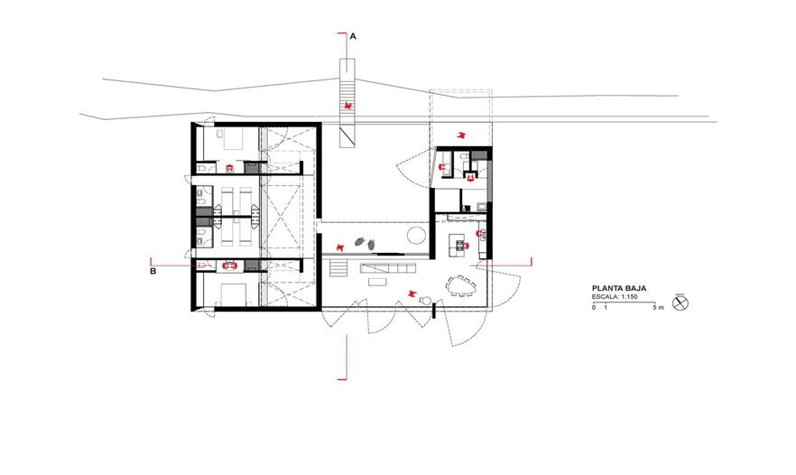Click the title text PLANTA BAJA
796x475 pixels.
click(619, 288)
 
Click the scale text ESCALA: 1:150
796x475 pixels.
click(615, 297)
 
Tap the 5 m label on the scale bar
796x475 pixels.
click(658, 307)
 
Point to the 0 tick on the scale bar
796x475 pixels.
click(594, 307)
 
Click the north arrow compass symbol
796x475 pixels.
click(680, 303)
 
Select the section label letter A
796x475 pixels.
click(354, 37)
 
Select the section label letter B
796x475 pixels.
click(153, 271)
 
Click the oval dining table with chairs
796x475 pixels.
click(462, 286)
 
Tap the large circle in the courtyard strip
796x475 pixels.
click(416, 235)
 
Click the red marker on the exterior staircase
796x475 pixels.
click(348, 106)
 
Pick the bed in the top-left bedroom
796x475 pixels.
click(233, 139)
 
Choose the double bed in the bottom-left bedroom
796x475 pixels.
click(234, 294)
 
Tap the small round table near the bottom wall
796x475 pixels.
click(424, 301)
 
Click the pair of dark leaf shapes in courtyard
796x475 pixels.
click(366, 242)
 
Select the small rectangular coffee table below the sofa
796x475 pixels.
click(377, 282)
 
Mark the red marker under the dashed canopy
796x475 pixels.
click(461, 135)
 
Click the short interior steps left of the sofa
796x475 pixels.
click(338, 267)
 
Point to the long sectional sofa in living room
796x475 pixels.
click(388, 268)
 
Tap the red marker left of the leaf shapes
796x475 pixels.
click(340, 247)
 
